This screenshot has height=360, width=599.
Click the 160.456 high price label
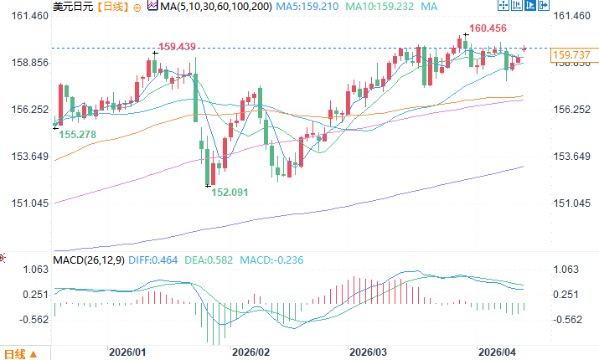(x=488, y=28)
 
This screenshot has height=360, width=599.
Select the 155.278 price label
(x=76, y=134)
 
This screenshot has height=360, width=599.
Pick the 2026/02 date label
(x=251, y=352)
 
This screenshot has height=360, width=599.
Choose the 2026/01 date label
(x=128, y=352)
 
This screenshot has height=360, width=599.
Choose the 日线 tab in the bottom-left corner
(x=17, y=352)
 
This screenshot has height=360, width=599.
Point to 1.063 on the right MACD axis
(x=568, y=270)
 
